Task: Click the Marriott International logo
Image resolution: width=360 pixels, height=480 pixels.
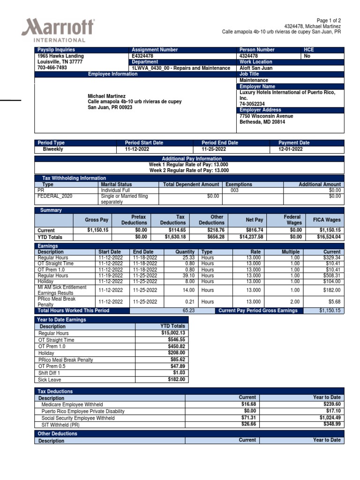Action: (58, 30)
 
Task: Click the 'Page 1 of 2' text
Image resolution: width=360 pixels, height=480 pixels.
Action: (329, 21)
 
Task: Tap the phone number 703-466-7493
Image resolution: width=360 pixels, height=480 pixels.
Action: (52, 67)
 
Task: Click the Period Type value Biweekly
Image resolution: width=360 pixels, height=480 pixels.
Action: (53, 149)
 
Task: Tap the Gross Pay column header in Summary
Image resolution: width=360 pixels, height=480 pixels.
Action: (97, 220)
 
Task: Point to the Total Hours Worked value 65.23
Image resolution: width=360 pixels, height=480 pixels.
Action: (188, 311)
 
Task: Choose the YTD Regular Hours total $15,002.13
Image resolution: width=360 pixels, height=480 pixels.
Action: (172, 333)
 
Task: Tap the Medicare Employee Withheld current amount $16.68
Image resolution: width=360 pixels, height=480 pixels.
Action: (248, 404)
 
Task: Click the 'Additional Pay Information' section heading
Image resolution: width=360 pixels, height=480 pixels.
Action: (189, 159)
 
